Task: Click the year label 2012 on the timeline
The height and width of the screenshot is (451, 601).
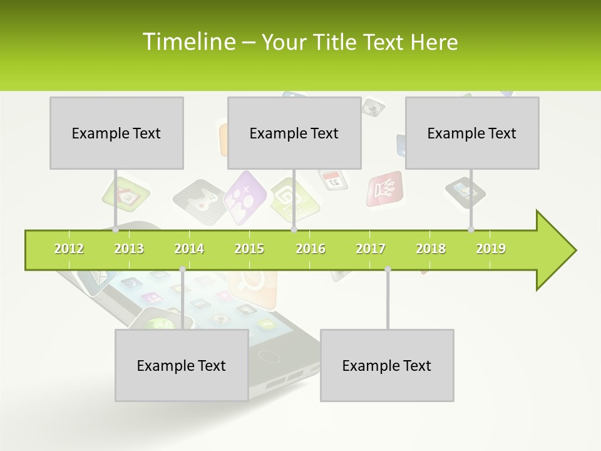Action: coord(69,249)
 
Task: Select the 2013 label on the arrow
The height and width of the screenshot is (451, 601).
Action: coord(129,249)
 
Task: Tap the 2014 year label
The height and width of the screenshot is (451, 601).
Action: coord(189,249)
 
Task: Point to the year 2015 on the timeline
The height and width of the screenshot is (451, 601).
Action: coord(249,249)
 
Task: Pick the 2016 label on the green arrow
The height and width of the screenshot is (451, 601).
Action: coord(311,249)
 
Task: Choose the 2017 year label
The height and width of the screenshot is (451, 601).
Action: coord(371,249)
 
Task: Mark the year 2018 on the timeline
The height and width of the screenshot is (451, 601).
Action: coord(431,249)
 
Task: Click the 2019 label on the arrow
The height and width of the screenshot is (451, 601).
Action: coord(491,249)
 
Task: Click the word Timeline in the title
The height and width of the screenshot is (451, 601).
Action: coord(188,42)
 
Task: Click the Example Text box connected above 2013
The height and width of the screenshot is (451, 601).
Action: coord(116,133)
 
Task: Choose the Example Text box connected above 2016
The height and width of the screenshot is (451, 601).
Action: coord(294,133)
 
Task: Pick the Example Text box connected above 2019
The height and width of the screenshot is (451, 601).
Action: coord(472,133)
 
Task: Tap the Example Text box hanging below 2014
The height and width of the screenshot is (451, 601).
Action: coord(182,365)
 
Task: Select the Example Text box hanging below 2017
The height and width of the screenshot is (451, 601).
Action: coord(387,365)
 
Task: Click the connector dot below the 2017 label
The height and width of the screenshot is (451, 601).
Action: coord(388,269)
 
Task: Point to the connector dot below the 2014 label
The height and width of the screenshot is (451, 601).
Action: coord(182,269)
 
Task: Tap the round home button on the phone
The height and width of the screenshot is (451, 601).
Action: coord(269,356)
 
